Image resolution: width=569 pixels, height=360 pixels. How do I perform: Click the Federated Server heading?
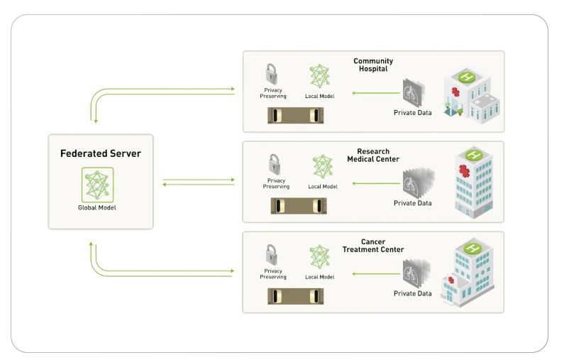pos(100,153)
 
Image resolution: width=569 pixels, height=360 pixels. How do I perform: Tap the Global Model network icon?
pos(96,185)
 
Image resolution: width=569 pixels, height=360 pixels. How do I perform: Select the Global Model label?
pos(97,207)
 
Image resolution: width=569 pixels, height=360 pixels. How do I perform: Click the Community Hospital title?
pos(373,65)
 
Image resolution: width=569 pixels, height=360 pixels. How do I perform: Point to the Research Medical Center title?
pos(372,155)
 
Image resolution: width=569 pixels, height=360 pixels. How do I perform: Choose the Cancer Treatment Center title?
pos(373,246)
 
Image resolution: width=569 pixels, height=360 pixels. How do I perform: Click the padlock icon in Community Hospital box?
pos(271,74)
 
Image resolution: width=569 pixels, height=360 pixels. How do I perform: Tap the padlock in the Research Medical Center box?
pos(272,164)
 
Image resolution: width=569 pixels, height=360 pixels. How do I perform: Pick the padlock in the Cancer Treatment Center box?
pos(271,254)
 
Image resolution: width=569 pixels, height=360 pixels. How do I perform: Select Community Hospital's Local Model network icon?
pos(320,76)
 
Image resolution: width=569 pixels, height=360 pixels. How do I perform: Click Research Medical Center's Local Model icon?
pos(323,166)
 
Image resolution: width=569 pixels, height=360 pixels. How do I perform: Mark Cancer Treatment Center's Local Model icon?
pos(320,256)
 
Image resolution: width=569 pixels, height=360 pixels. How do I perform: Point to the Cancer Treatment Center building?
pos(468,274)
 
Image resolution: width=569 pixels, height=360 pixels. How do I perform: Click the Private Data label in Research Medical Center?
pos(413,203)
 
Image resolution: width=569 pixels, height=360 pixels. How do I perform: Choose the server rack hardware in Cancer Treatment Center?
pos(296,296)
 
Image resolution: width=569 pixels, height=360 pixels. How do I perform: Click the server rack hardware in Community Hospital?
pos(296,115)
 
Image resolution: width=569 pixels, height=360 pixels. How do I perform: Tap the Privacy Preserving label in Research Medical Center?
pos(276,184)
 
